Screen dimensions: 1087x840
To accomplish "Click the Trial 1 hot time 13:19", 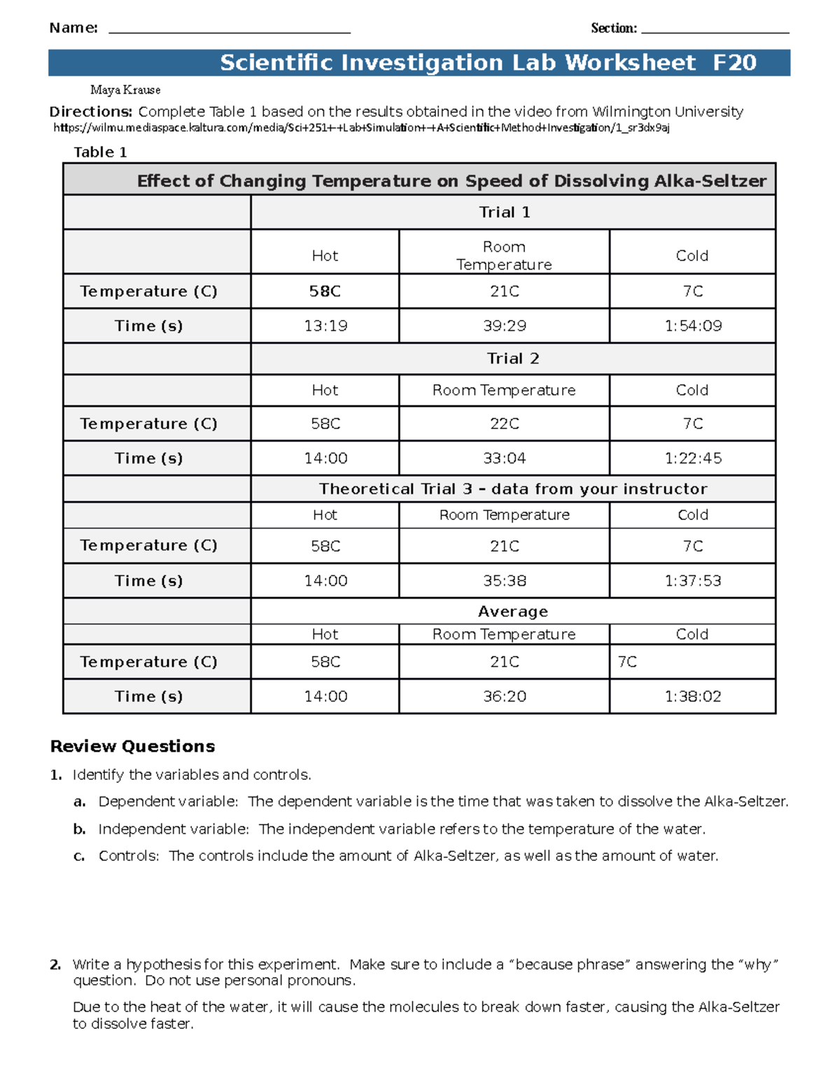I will coord(325,326).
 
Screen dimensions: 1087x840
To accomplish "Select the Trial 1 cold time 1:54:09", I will coord(692,326).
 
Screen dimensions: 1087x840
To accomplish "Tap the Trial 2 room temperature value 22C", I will coord(504,424).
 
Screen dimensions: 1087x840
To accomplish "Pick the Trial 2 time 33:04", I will coord(504,458).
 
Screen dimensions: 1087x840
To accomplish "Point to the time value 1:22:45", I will coord(692,458).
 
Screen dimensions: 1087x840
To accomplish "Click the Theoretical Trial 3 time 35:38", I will coord(504,581).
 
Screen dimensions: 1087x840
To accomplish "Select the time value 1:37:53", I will coord(692,581).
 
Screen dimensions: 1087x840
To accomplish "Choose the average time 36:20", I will coord(504,696).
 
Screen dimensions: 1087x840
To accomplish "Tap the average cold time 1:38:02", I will coord(692,696).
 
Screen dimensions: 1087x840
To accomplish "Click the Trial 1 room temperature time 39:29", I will coord(504,326).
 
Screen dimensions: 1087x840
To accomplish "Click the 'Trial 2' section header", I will coord(512,359).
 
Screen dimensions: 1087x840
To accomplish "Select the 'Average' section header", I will coord(512,612).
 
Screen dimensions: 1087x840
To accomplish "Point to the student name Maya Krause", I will coord(125,90).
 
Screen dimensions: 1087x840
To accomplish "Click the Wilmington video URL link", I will coord(361,128).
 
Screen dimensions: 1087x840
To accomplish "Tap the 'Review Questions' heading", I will coord(132,747).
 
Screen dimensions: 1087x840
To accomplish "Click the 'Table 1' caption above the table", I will coord(100,153).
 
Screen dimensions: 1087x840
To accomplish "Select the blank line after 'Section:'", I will coord(715,29).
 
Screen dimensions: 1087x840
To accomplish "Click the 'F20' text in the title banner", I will coord(734,63).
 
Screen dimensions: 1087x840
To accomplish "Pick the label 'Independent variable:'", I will coord(173,829).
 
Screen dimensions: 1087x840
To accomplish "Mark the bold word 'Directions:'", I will coord(90,112).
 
